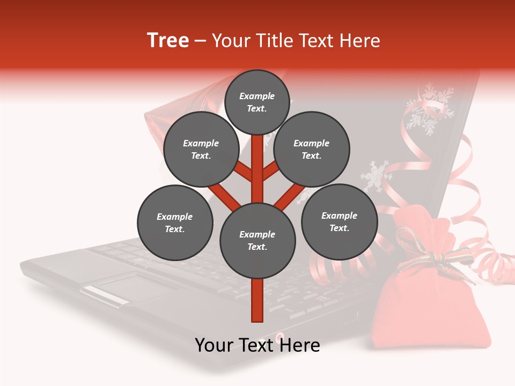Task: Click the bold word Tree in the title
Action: (x=168, y=41)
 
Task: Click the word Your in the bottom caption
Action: (x=214, y=345)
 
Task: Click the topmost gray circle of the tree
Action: (x=257, y=102)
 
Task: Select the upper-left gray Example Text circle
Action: (x=201, y=150)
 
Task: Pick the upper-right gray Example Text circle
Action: (x=311, y=150)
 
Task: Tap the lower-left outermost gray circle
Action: (x=175, y=222)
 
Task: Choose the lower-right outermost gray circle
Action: (x=339, y=221)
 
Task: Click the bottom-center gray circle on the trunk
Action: (x=257, y=241)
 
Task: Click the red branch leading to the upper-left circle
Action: (x=243, y=172)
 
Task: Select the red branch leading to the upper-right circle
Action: (x=271, y=172)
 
